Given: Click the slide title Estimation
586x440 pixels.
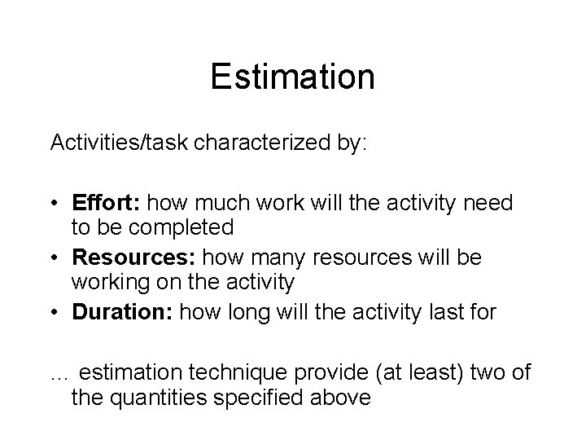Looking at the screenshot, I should point(292,77).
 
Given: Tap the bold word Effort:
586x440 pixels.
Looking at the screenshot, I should point(105,202).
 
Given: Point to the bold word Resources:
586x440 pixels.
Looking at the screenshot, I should point(133,258).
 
